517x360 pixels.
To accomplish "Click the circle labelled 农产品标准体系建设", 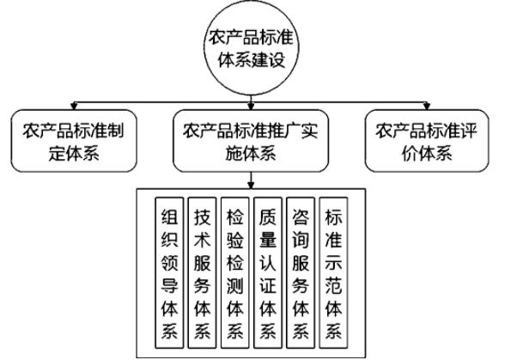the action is coord(251,48).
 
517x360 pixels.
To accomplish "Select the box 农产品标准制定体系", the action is coord(74,141).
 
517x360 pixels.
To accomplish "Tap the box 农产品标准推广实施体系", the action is coord(251,141).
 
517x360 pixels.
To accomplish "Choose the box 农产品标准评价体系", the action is coord(427,141).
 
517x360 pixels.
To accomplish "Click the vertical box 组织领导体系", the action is coord(169,273).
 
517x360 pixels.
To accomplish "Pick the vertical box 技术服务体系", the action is coord(202,273).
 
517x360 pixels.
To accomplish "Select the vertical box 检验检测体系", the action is coord(234,273).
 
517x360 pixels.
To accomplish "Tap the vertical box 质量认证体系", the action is coord(268,273).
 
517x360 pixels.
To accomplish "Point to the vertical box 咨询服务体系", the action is coord(301,273).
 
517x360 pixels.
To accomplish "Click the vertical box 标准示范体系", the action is coord(333,273).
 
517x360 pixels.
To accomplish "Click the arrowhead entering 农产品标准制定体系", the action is coord(74,107).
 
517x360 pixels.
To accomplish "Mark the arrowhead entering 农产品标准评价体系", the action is coord(427,107).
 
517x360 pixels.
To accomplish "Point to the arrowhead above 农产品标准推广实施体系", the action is coord(251,107).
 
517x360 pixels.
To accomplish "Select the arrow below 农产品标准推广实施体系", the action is coord(251,180).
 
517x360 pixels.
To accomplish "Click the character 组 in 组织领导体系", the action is coord(169,217).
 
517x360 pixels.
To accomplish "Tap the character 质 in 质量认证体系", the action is coord(268,217).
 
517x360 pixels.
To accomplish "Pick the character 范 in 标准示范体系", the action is coord(333,284).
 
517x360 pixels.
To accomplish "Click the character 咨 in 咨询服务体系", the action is coord(301,217).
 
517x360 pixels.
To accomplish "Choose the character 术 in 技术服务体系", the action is coord(202,240).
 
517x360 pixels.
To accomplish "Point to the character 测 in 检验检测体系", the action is coord(234,284).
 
